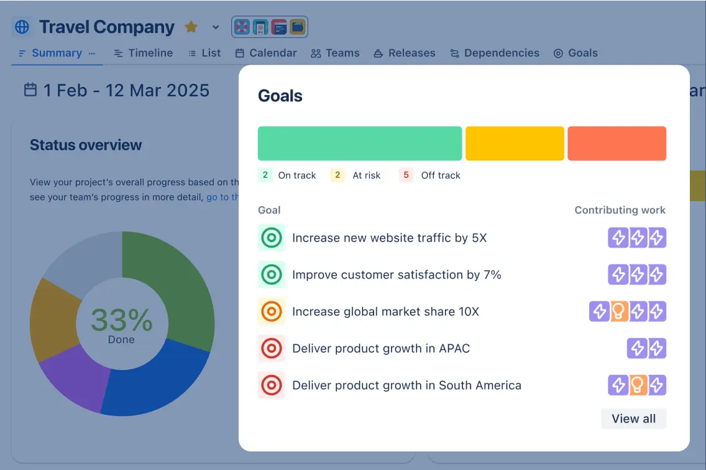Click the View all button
point(633,418)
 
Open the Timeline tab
point(144,53)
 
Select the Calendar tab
point(266,53)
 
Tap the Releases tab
point(405,53)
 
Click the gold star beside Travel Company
point(191,27)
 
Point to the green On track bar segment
point(360,143)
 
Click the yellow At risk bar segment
point(515,143)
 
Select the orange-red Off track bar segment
point(617,143)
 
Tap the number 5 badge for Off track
point(406,175)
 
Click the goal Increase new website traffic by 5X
point(389,238)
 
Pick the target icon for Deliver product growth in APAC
point(272,348)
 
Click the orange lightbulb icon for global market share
point(618,311)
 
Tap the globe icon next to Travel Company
point(22,27)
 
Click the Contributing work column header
point(620,210)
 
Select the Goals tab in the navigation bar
point(575,53)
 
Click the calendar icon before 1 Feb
point(30,90)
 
